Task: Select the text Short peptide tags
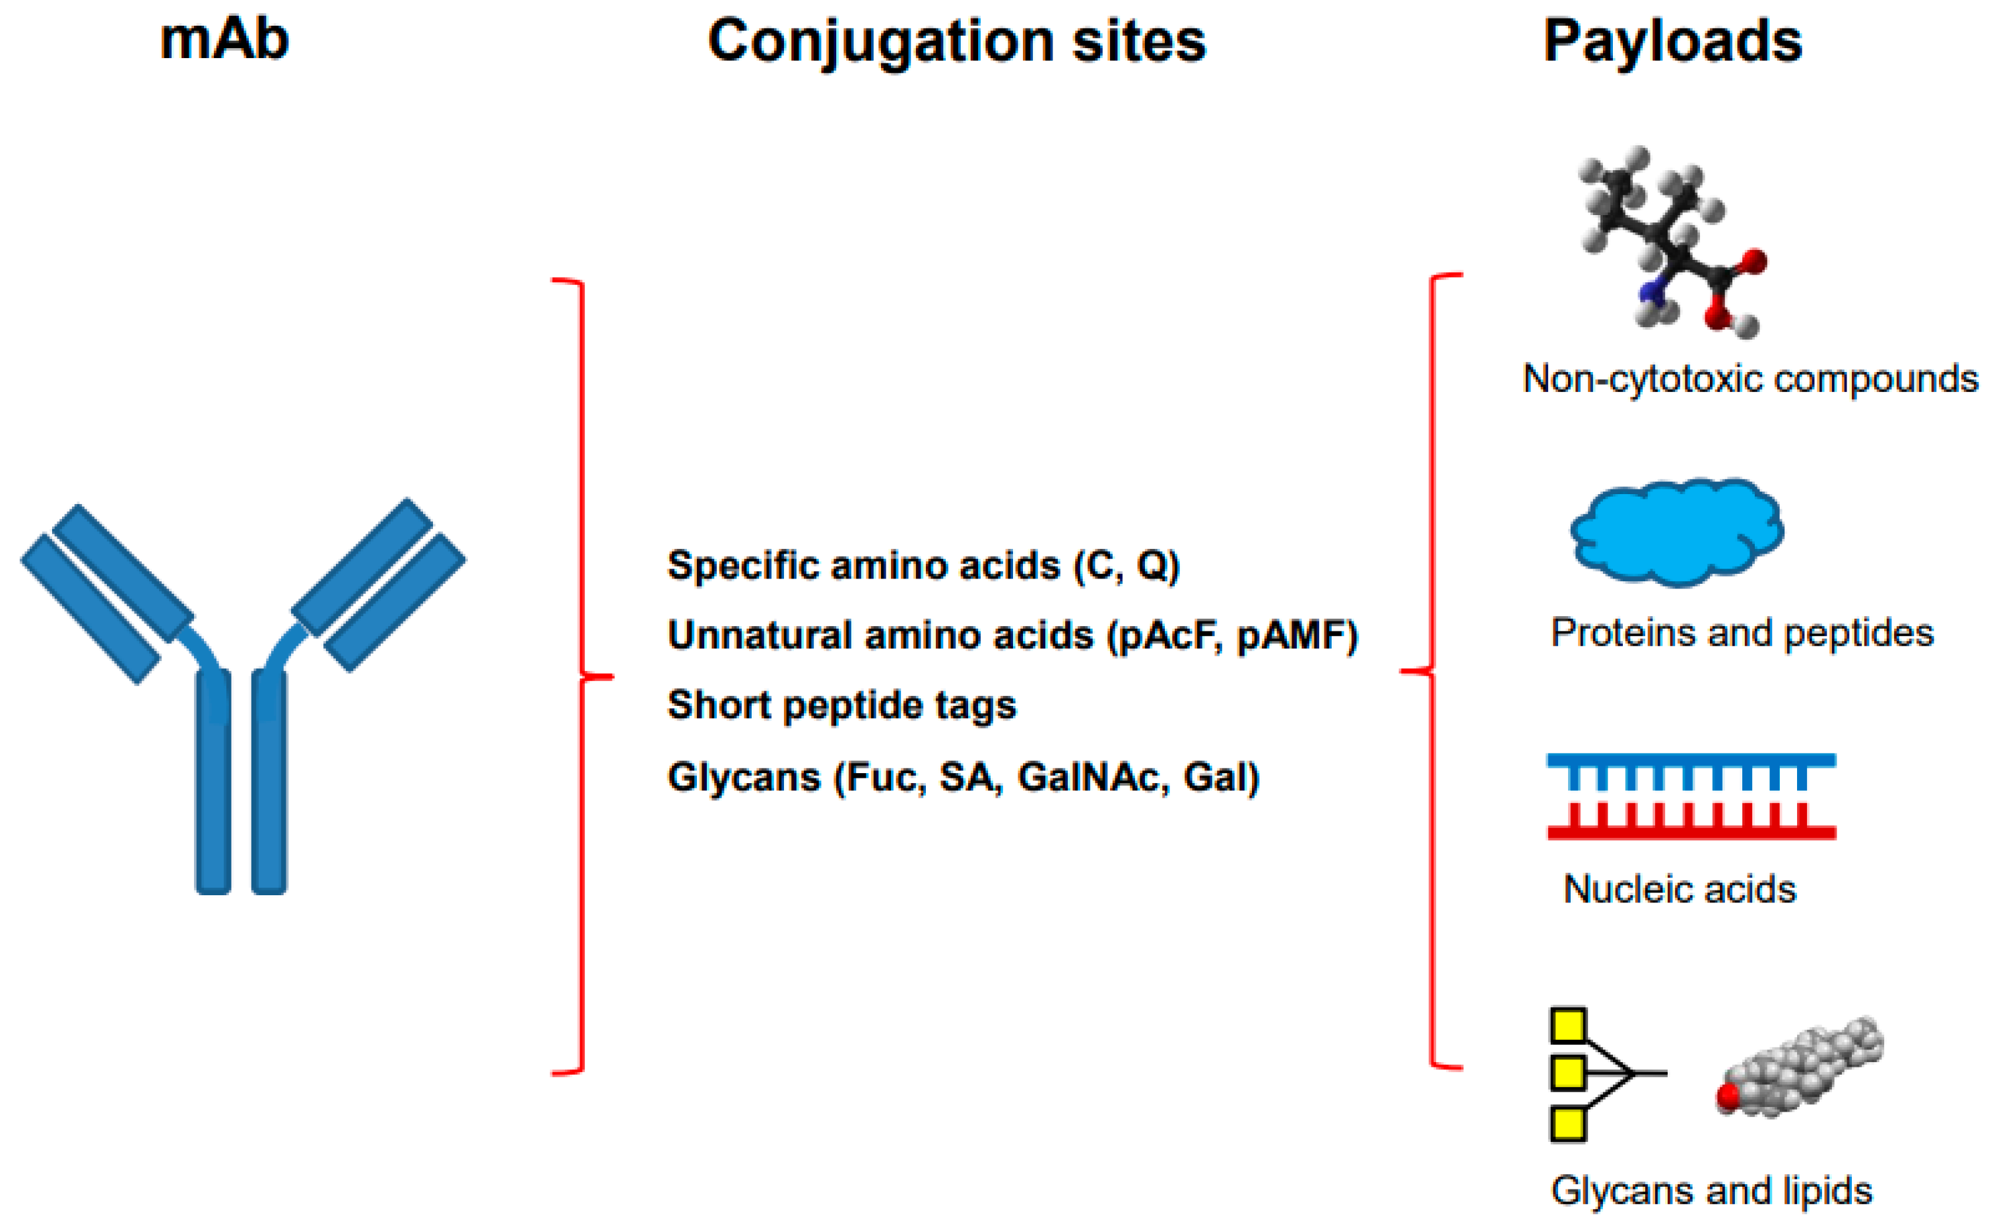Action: tap(841, 705)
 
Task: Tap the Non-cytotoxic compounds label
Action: tap(1750, 379)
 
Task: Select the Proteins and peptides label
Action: tap(1741, 633)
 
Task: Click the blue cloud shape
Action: tap(1676, 533)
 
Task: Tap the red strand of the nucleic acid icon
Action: tap(1691, 832)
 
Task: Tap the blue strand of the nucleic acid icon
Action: tap(1691, 761)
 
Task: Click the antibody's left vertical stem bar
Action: tap(213, 782)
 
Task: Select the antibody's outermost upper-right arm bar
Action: tap(395, 602)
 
